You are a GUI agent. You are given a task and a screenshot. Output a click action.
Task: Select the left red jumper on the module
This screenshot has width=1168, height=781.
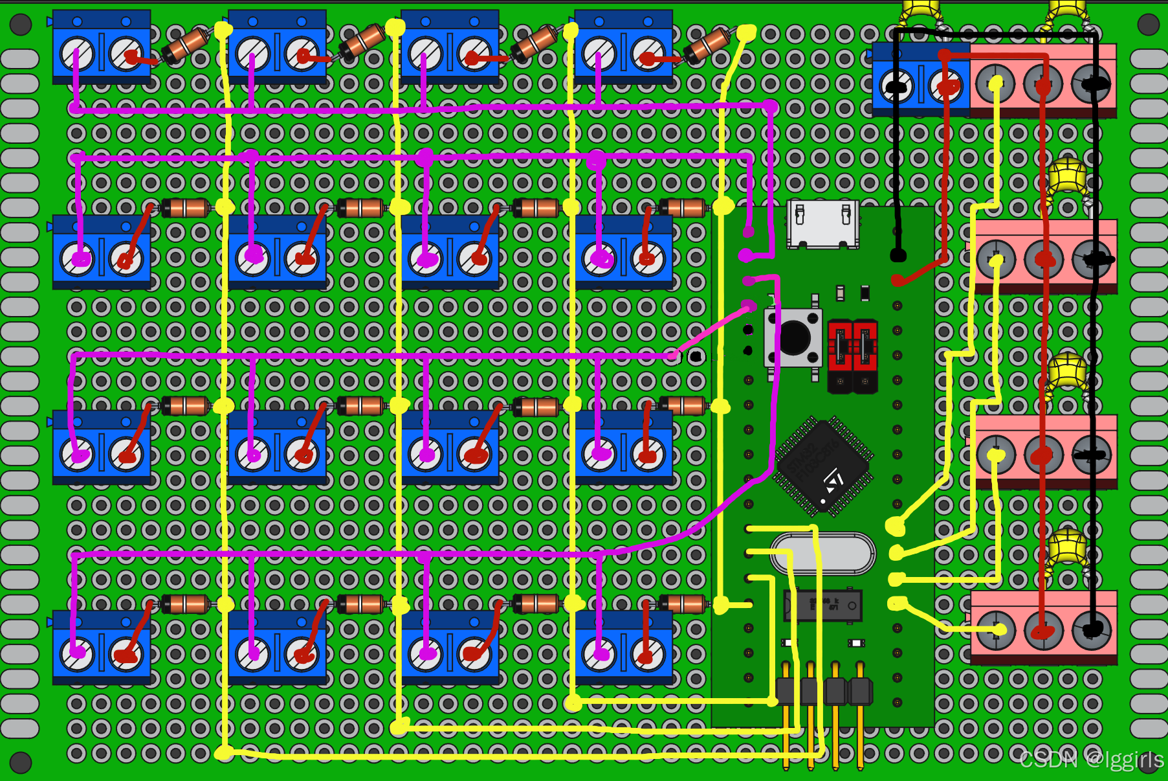pos(840,355)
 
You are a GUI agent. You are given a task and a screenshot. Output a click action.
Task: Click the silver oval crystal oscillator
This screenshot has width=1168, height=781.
pos(823,554)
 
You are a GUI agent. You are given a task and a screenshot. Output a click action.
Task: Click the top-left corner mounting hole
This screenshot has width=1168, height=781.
pos(21,25)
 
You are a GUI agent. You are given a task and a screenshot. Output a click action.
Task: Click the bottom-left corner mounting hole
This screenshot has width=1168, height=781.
pos(21,762)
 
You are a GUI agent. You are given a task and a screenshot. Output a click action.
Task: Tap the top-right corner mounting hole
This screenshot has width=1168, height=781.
pos(1148,25)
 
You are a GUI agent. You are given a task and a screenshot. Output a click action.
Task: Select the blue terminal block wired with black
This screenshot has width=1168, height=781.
pos(921,79)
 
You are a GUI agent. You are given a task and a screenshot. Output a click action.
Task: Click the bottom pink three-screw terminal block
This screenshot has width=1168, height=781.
pos(1043,627)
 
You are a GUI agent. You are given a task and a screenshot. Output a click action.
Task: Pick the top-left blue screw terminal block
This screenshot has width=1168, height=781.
pos(102,47)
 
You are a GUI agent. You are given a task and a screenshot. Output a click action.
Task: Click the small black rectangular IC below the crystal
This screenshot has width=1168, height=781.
pos(823,606)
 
